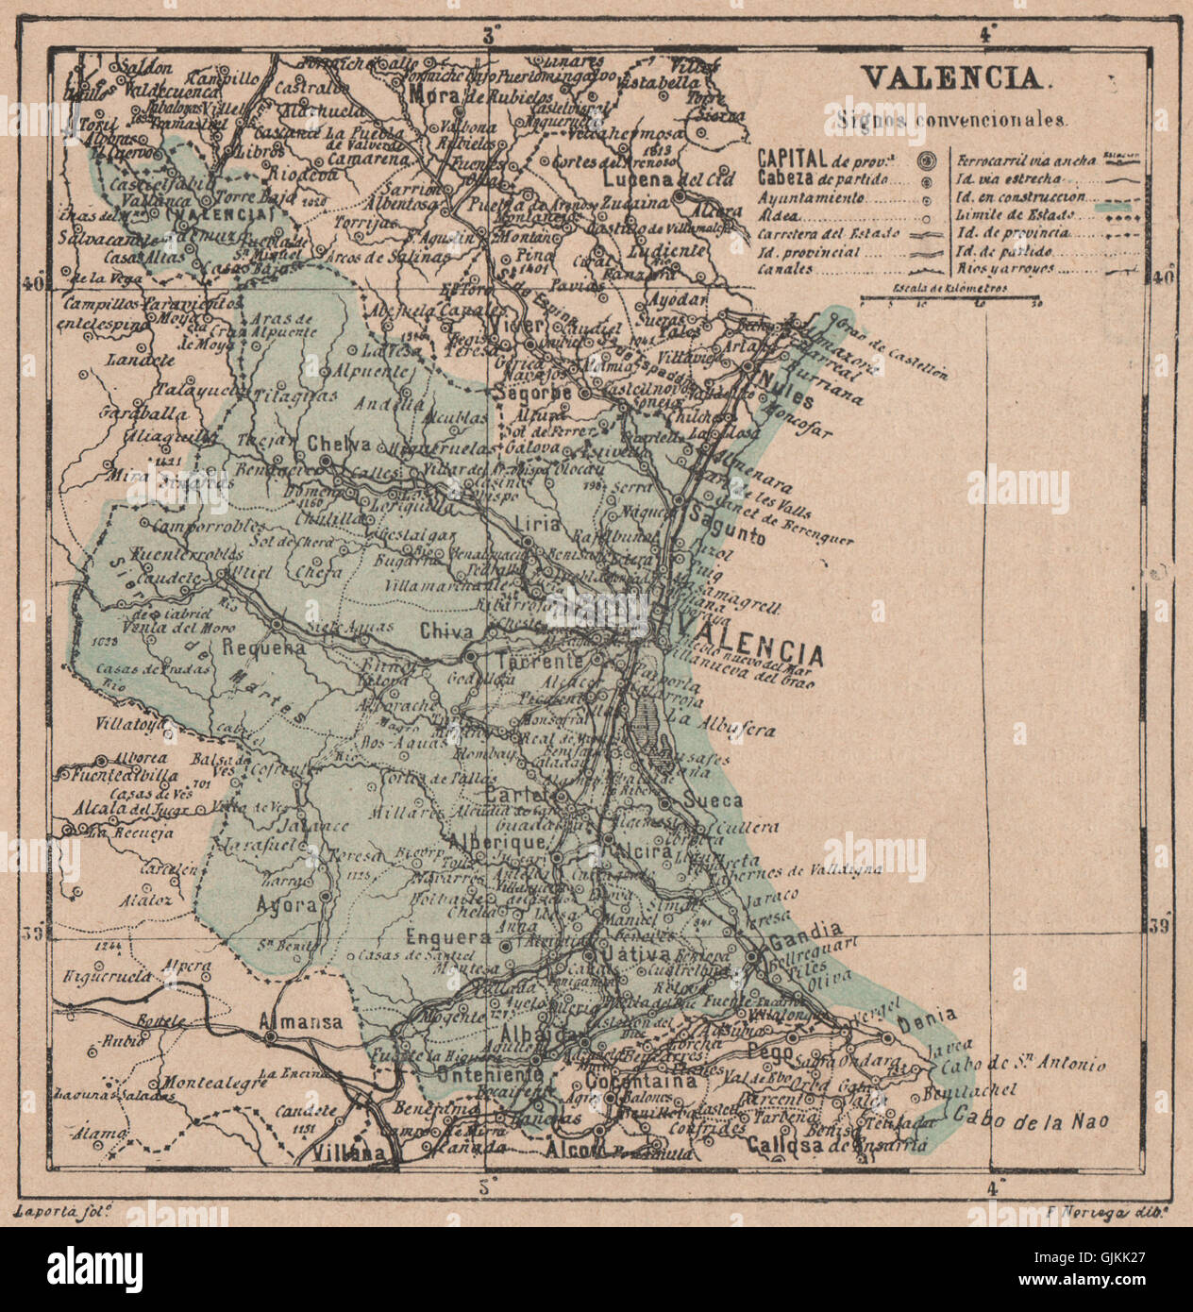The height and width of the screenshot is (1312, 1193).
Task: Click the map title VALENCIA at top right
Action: click(x=953, y=78)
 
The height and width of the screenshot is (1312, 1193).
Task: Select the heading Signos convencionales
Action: click(x=951, y=121)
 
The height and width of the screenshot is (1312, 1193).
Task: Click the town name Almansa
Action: click(x=300, y=1021)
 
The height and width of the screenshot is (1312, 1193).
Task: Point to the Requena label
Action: click(x=265, y=648)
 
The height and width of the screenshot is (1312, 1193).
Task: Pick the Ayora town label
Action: click(x=286, y=903)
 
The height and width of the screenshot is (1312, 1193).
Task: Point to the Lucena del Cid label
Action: click(x=655, y=178)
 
